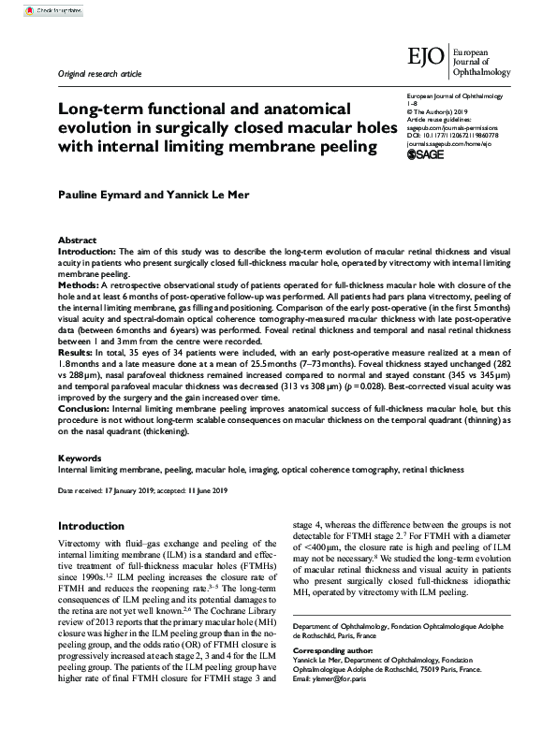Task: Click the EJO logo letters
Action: click(x=427, y=57)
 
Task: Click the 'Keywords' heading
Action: click(x=80, y=458)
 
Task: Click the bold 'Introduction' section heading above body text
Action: click(x=91, y=527)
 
